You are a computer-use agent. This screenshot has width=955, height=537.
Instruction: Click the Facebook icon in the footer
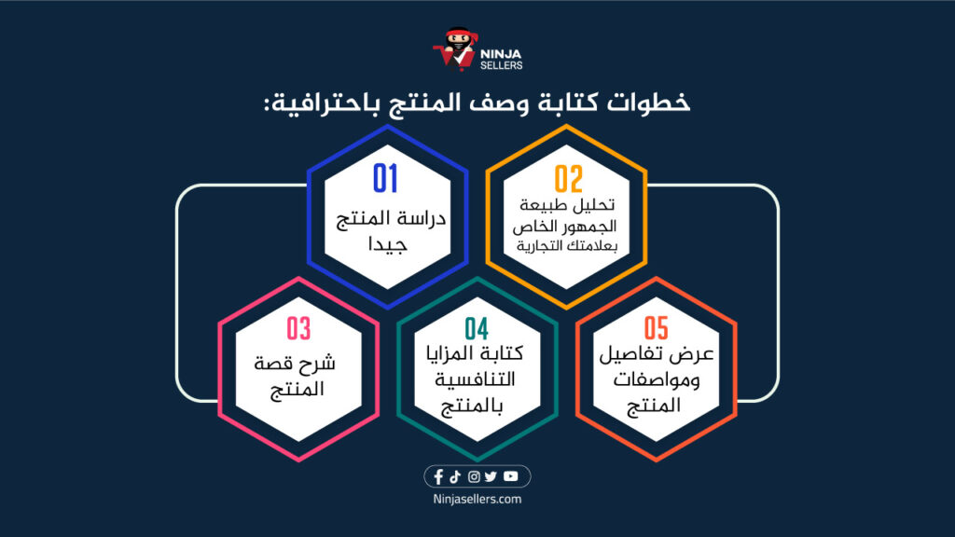(438, 477)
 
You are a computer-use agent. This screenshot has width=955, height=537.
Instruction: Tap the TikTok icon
(455, 477)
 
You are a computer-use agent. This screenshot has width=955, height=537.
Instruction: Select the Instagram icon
(474, 477)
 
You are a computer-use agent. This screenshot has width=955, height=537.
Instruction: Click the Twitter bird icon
(491, 477)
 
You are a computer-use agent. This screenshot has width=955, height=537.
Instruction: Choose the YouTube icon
(510, 477)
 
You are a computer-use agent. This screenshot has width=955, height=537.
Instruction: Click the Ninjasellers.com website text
(477, 500)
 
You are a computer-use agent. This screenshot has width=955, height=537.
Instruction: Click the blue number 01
(386, 177)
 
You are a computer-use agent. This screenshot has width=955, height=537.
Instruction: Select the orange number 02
(568, 178)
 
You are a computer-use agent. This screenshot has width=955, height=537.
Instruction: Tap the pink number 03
(298, 329)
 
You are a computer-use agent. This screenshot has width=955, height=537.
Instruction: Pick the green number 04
(477, 329)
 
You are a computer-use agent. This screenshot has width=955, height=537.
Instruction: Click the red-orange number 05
(657, 329)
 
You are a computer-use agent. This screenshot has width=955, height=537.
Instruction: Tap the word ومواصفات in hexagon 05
(658, 383)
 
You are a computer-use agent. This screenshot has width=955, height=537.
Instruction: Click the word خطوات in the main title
(657, 103)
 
